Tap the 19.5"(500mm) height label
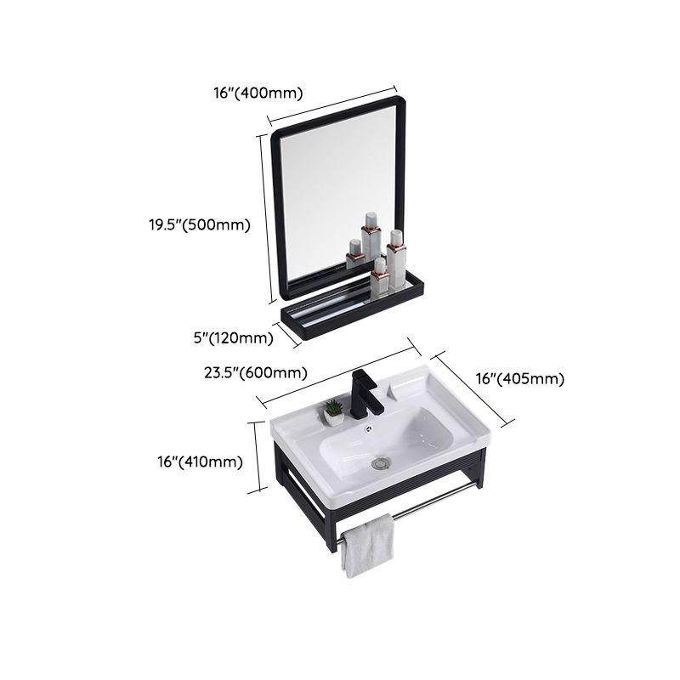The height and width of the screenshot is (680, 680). tap(195, 225)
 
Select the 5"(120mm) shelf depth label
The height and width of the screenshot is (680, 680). tap(233, 338)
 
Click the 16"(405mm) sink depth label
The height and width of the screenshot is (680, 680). tap(519, 379)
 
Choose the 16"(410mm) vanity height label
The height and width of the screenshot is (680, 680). tap(201, 462)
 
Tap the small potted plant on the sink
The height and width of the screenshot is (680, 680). tap(333, 412)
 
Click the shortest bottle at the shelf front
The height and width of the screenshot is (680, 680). tap(380, 279)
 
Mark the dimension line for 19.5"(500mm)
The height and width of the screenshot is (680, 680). tap(266, 216)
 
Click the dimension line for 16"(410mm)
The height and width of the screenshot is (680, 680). tap(256, 456)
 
